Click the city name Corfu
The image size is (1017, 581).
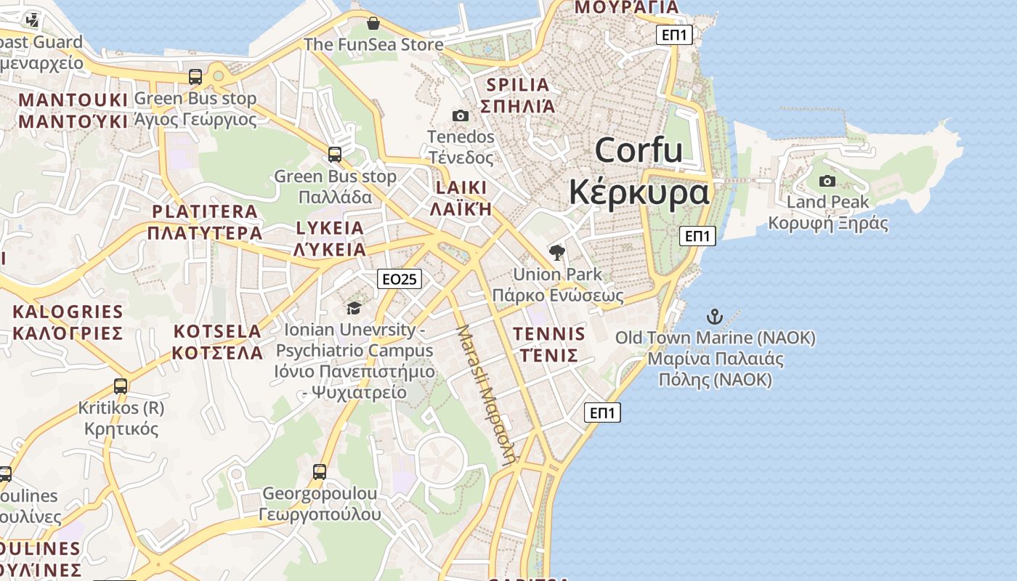tap(639, 150)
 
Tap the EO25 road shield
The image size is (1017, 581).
tap(400, 279)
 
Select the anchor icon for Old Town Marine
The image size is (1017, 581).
tap(715, 317)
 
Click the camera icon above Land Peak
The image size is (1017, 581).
tap(827, 181)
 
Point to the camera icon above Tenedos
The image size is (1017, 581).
tap(460, 115)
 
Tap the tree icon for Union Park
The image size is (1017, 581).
tap(557, 253)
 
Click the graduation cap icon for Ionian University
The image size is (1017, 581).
tap(354, 308)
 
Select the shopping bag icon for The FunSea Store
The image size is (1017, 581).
tap(373, 23)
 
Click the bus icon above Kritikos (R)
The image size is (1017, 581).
tap(121, 386)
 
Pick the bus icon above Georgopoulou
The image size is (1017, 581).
tap(319, 472)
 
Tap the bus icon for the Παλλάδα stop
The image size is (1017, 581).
tap(334, 154)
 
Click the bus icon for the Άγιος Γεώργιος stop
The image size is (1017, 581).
tap(195, 76)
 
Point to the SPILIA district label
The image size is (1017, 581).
tap(518, 85)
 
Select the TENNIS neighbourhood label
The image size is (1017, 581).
tap(548, 334)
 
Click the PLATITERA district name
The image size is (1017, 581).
tap(204, 212)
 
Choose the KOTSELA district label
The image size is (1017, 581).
tap(217, 332)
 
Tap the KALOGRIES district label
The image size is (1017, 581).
tap(68, 312)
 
